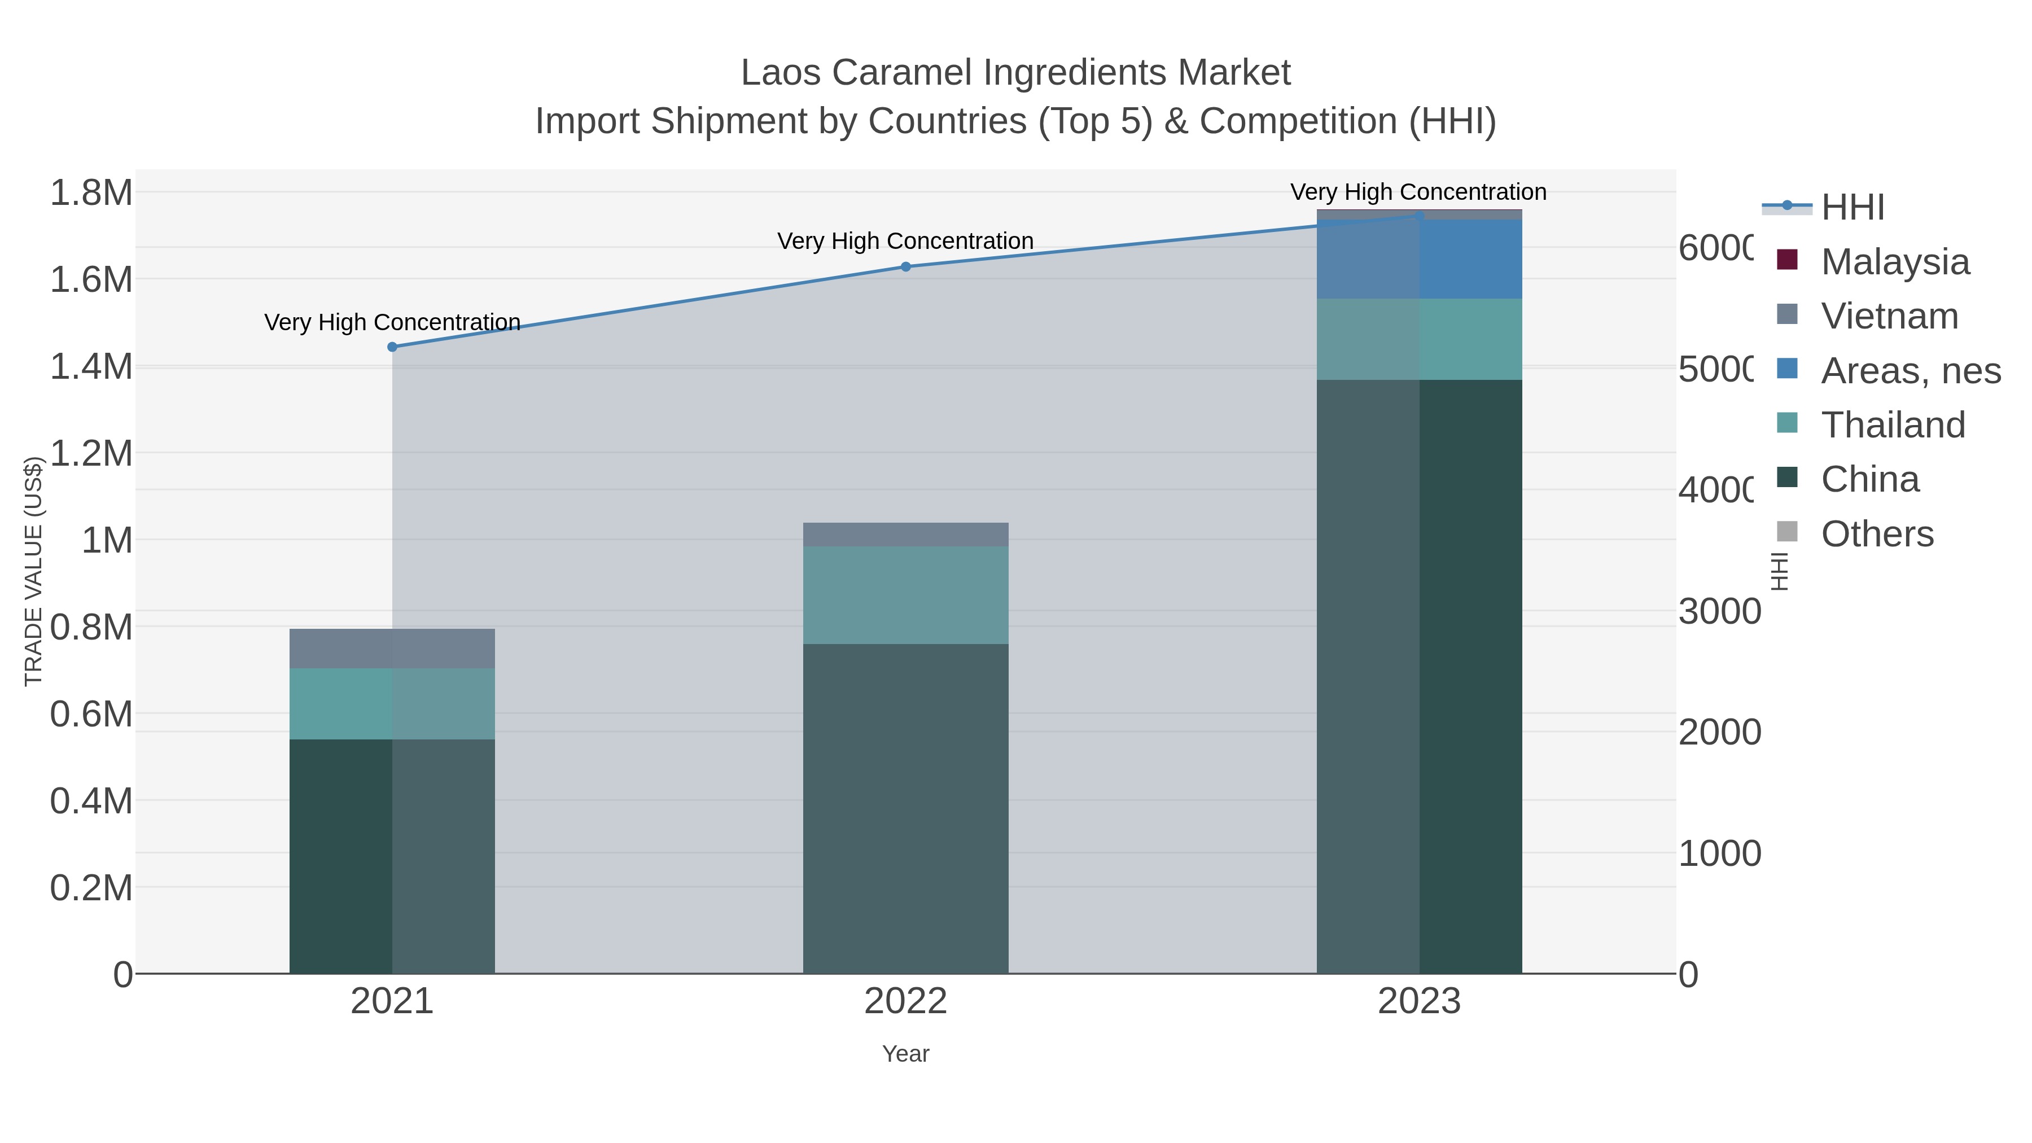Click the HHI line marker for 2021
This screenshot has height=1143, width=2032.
point(392,347)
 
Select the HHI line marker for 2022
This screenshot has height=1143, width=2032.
point(905,266)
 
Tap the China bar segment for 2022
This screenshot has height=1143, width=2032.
point(905,808)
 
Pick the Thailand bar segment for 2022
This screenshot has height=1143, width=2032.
point(905,595)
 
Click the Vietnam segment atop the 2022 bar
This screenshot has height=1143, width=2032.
point(905,535)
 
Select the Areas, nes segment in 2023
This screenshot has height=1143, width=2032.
point(1419,260)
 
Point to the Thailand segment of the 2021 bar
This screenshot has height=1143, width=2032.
point(392,704)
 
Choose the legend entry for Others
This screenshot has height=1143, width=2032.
point(1877,534)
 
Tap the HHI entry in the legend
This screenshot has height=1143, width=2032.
point(1852,208)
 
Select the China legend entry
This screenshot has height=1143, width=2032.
point(1869,480)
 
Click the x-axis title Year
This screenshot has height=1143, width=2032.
point(905,1054)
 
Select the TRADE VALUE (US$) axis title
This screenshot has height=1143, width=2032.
point(33,571)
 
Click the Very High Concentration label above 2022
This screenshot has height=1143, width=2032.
point(905,242)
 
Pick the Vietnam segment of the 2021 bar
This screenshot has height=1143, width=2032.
point(392,649)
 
